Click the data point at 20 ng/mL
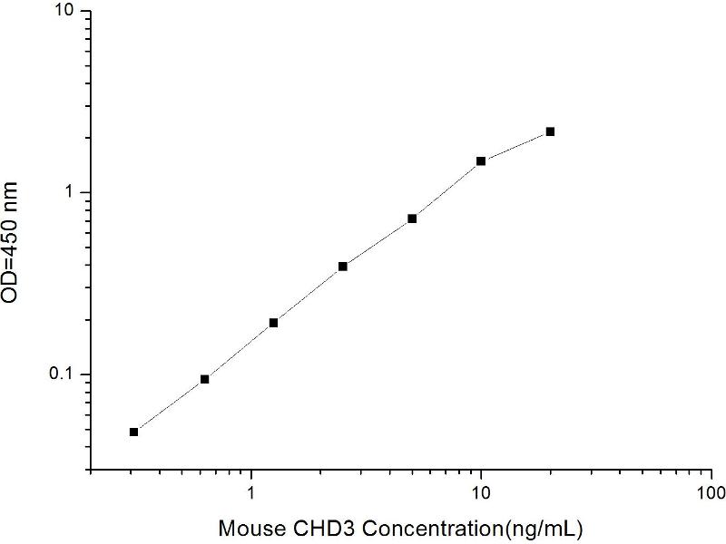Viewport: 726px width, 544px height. coord(550,131)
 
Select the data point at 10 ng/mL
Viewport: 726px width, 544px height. coord(481,161)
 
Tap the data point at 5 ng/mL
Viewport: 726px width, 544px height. coord(412,219)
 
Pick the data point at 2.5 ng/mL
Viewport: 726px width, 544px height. coord(343,267)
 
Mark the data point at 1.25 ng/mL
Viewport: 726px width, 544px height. coord(273,323)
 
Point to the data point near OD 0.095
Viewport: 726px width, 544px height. coord(204,379)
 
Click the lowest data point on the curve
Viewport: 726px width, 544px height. coord(134,432)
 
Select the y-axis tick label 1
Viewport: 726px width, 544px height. coord(74,193)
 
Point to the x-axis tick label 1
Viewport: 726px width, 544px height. coord(250,493)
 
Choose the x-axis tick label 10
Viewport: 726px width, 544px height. coord(481,493)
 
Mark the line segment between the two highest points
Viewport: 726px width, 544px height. coord(515,147)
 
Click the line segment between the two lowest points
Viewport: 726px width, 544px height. coord(170,405)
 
